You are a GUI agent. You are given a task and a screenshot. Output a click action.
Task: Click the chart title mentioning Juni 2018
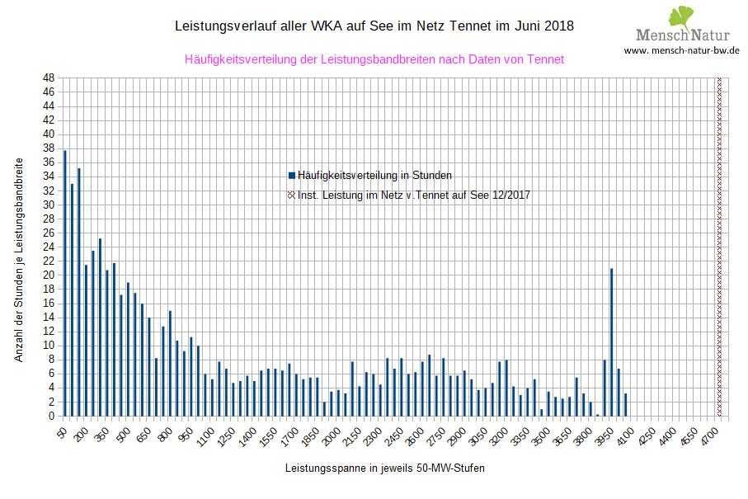[x=374, y=26]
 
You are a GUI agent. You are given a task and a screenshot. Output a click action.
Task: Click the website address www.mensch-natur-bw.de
[x=681, y=50]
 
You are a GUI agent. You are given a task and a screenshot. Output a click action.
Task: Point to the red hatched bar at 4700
[x=719, y=247]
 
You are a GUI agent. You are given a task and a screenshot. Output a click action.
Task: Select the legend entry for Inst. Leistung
[x=413, y=195]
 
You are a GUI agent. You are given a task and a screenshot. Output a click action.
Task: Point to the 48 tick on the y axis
[x=49, y=78]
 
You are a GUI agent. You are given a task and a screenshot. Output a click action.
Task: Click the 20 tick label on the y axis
[x=49, y=275]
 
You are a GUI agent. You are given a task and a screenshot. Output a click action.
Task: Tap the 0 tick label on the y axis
[x=51, y=417]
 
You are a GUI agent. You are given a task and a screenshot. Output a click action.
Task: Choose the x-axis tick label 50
[x=63, y=431]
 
